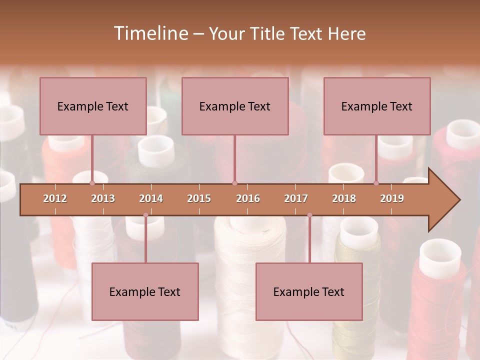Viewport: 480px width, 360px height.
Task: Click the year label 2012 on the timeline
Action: (x=55, y=198)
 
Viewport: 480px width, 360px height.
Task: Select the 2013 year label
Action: (x=103, y=198)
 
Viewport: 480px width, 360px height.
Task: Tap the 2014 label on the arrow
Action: (x=151, y=198)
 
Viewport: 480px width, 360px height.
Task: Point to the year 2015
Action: (x=199, y=198)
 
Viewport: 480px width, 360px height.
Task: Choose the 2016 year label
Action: (x=248, y=198)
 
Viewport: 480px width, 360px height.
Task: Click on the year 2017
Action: (x=296, y=198)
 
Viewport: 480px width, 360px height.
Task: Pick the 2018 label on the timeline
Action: (x=344, y=198)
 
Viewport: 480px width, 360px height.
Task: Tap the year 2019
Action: (x=392, y=198)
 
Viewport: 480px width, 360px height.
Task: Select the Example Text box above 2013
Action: (x=93, y=106)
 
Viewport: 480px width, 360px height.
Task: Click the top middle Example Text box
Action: (x=235, y=106)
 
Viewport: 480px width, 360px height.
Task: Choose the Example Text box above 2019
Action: (x=377, y=106)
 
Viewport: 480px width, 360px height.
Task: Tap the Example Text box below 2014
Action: (x=145, y=291)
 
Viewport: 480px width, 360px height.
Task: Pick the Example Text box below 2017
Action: (x=309, y=291)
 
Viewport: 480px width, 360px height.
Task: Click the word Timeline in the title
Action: (x=150, y=33)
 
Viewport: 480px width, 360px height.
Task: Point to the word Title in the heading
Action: (x=270, y=33)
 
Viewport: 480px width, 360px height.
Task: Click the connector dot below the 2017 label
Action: (x=309, y=215)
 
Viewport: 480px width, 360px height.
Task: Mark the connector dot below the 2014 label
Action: (x=145, y=215)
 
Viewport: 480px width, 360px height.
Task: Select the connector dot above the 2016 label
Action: (x=234, y=183)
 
